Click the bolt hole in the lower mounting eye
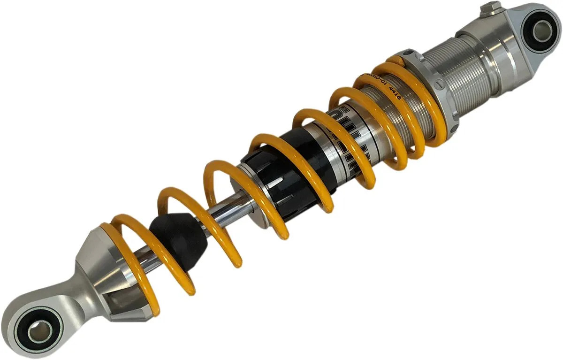39,331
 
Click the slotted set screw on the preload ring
439,84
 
